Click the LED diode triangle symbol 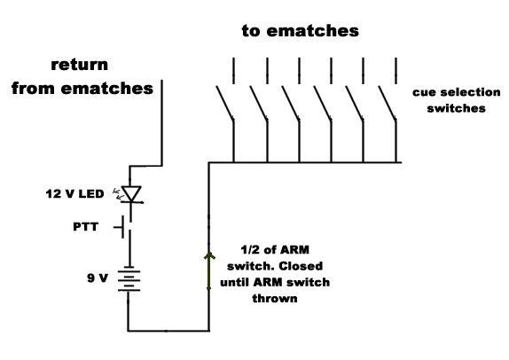click(131, 194)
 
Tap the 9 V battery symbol click(129, 280)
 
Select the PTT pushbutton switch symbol click(125, 227)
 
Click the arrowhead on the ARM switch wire click(209, 256)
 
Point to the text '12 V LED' click(74, 194)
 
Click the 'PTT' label click(86, 227)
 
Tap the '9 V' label click(97, 278)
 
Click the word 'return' click(80, 65)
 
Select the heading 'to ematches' click(301, 31)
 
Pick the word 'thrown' click(275, 298)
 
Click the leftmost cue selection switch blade click(225, 103)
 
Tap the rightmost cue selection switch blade click(388, 103)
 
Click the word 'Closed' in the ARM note click(301, 266)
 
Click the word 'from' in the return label click(33, 89)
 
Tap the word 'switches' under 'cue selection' click(456, 108)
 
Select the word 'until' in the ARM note click(234, 282)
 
